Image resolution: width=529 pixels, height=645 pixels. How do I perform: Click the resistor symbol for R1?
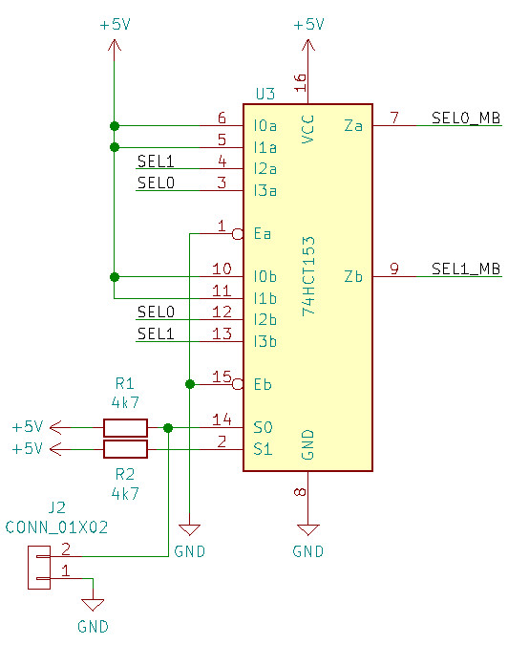click(x=125, y=428)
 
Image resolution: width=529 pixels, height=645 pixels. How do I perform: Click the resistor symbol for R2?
click(x=125, y=449)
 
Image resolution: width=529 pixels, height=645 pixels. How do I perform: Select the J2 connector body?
click(x=39, y=568)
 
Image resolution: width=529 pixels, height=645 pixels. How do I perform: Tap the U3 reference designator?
click(x=265, y=95)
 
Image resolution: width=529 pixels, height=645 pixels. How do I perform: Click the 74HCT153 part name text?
click(x=308, y=276)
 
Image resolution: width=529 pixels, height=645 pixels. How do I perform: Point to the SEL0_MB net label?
click(x=466, y=118)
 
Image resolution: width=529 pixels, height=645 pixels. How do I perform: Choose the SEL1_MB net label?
click(x=466, y=269)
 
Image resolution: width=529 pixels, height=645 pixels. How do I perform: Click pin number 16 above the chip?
click(x=301, y=82)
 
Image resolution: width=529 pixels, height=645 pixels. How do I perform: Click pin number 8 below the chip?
click(x=301, y=491)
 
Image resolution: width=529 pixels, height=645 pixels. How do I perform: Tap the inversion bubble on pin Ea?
click(x=238, y=234)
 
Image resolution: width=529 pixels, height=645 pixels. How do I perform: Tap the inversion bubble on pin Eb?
click(x=238, y=385)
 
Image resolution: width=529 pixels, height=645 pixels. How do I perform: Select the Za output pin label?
click(x=353, y=125)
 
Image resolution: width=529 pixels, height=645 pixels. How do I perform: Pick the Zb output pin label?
click(x=353, y=276)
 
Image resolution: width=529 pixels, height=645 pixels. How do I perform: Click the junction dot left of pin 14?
click(x=168, y=428)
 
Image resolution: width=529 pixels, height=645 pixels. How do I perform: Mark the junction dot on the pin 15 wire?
click(x=190, y=384)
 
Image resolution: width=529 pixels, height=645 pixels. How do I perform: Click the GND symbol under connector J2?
click(x=93, y=605)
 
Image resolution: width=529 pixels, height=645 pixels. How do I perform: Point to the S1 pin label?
click(x=263, y=449)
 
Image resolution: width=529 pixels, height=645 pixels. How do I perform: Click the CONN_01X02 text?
click(x=56, y=527)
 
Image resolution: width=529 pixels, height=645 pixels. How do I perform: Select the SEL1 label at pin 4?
click(x=156, y=161)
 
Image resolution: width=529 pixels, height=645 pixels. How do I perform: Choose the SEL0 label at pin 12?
click(x=156, y=312)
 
